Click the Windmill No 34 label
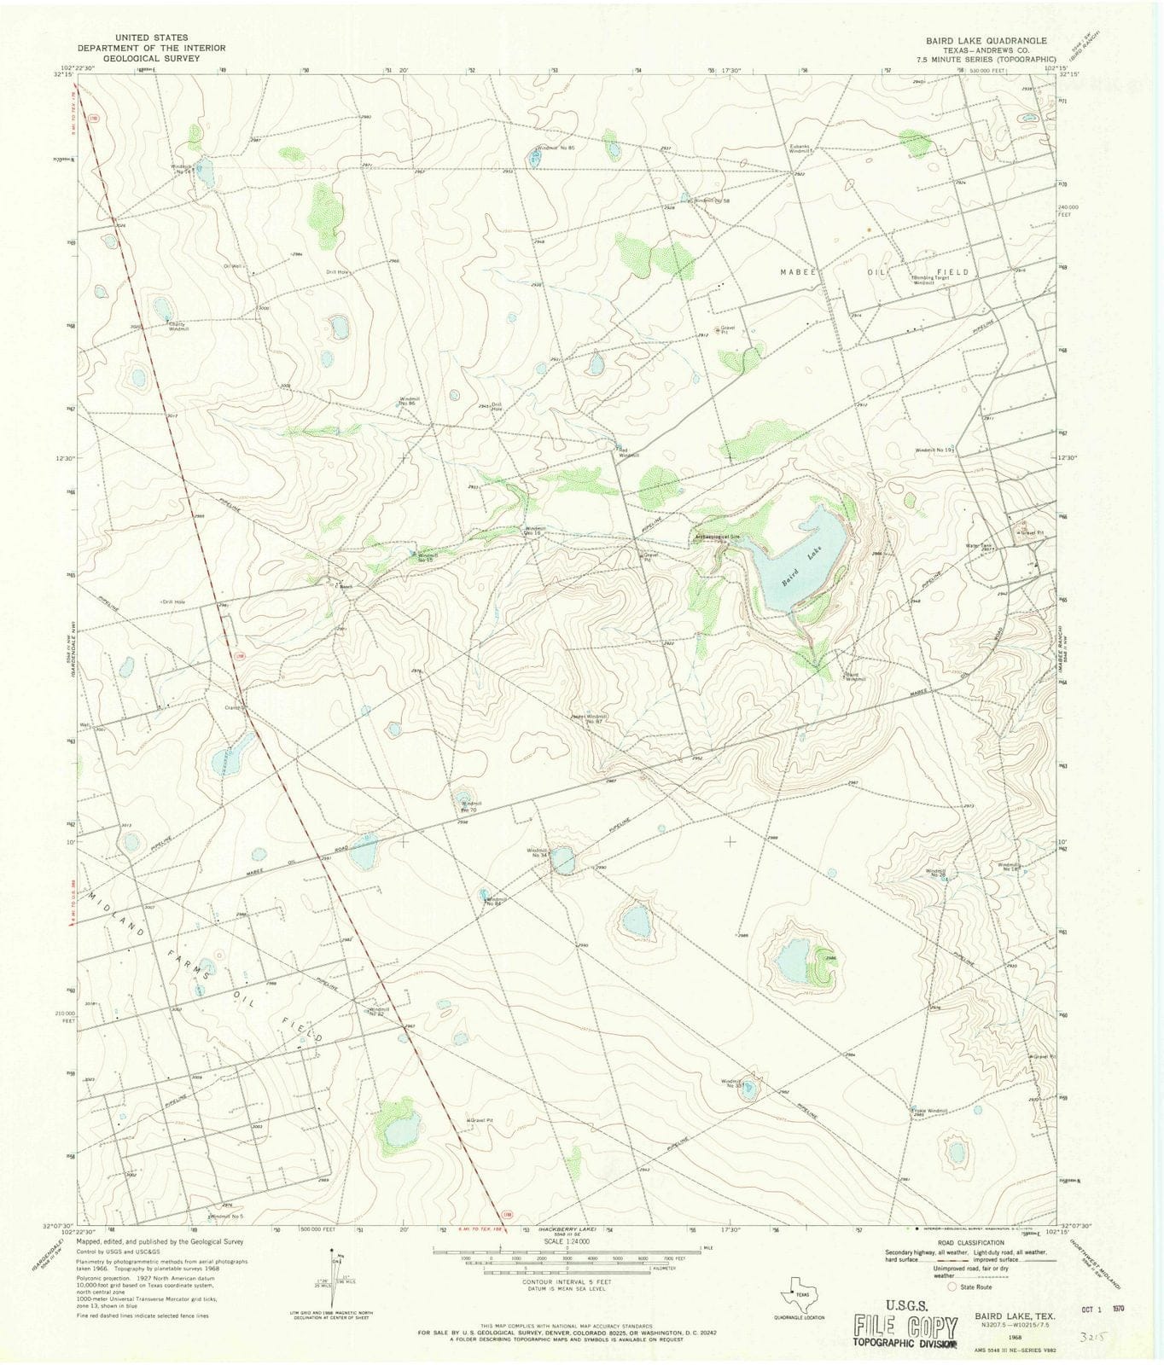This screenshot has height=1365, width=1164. [537, 852]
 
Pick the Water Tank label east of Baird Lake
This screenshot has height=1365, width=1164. [978, 546]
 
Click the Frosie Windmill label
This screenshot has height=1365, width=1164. [930, 1111]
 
